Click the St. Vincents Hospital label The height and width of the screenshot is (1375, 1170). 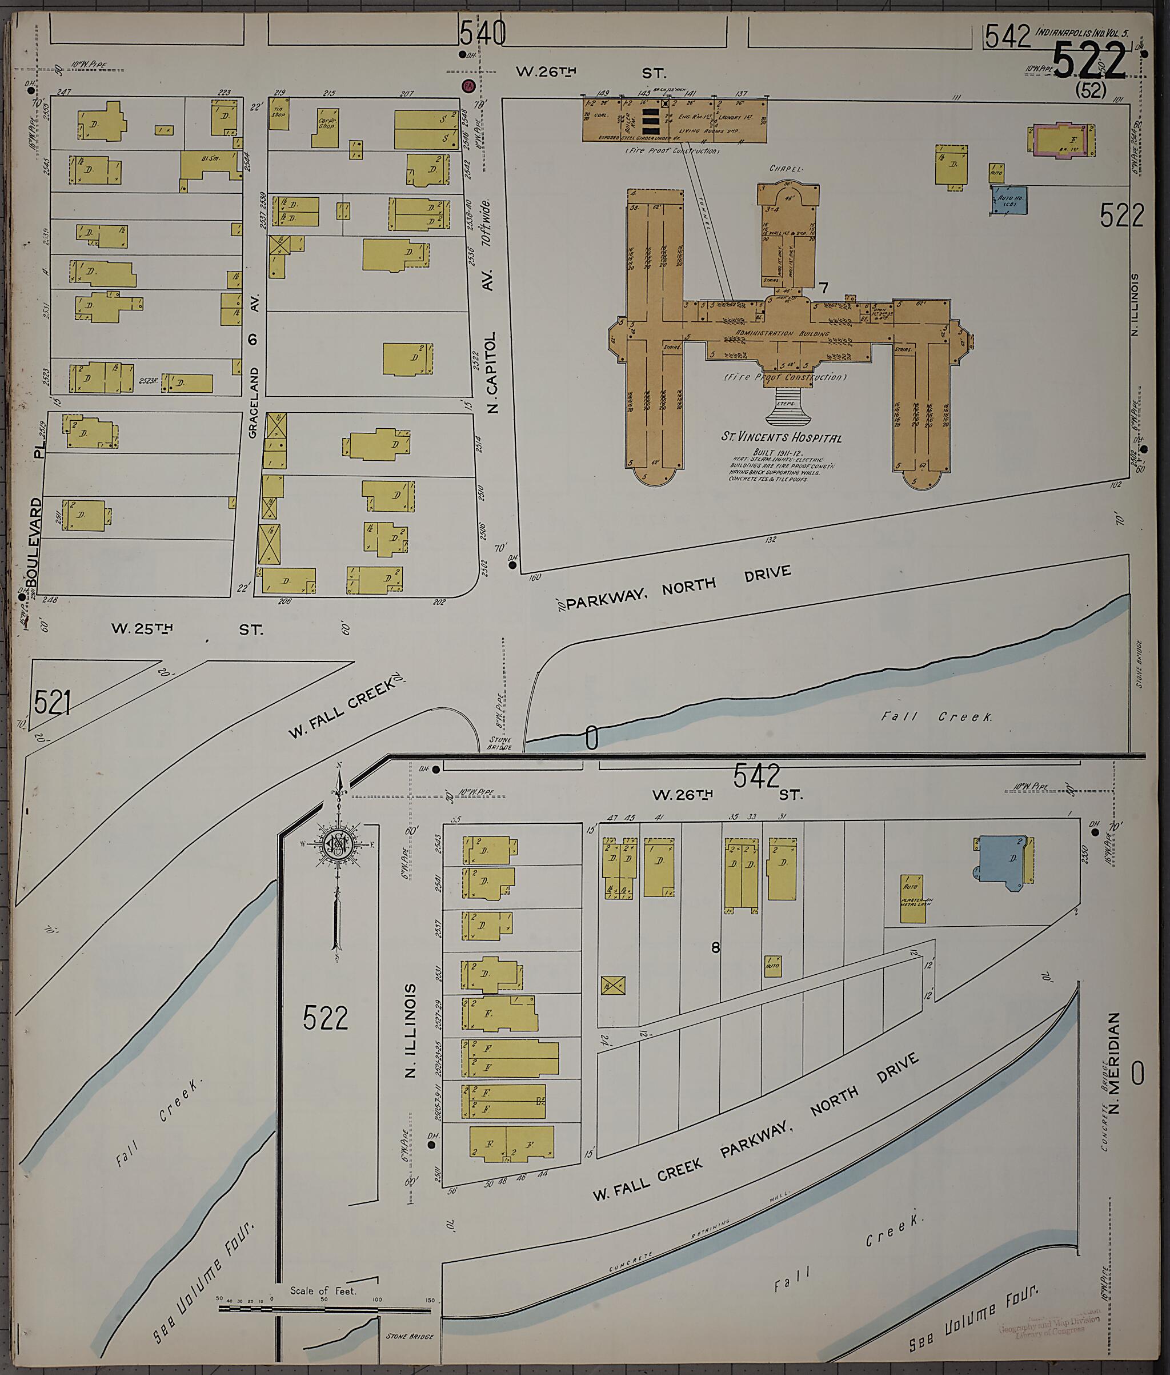point(782,437)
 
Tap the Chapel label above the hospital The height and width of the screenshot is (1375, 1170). point(786,169)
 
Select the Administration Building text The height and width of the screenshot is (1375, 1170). point(782,333)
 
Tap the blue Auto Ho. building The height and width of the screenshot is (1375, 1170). point(1009,200)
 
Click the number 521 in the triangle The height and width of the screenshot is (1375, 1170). point(53,703)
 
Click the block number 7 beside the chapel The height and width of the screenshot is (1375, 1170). point(823,288)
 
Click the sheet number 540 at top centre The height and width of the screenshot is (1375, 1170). point(482,33)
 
